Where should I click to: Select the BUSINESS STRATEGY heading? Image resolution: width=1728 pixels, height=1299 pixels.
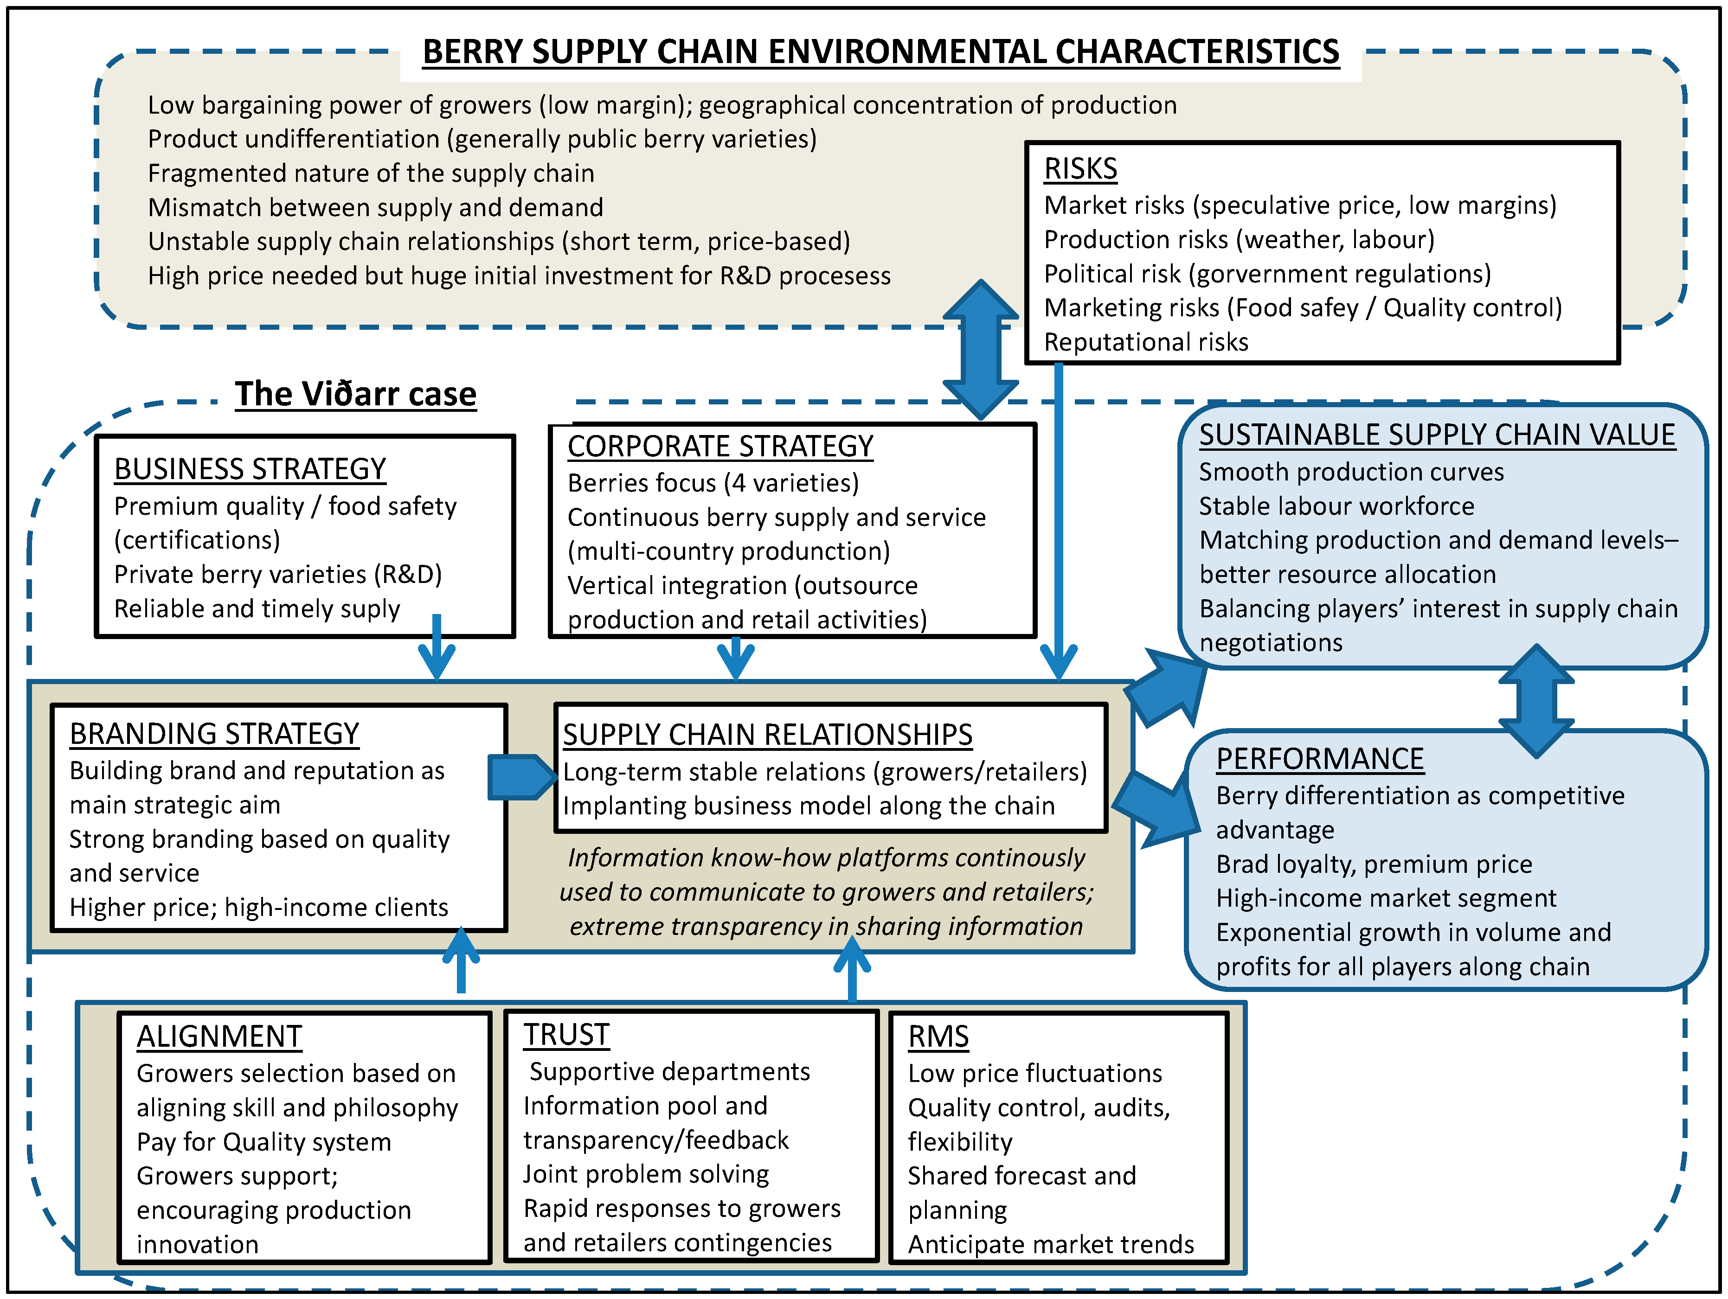pos(250,469)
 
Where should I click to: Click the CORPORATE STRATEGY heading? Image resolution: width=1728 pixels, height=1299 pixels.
pos(719,446)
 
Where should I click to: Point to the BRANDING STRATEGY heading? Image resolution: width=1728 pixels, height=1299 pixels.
pos(214,734)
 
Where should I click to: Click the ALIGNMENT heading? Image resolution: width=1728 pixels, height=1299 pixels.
pos(219,1037)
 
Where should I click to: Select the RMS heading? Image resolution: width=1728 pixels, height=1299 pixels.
pos(938,1037)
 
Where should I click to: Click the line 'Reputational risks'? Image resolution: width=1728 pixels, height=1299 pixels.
pos(1145,342)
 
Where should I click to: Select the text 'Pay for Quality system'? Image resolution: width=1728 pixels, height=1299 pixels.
pos(263,1142)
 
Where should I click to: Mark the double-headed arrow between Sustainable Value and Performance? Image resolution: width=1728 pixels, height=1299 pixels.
pos(1536,701)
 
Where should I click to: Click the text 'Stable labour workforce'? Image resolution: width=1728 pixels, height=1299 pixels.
pos(1336,506)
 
